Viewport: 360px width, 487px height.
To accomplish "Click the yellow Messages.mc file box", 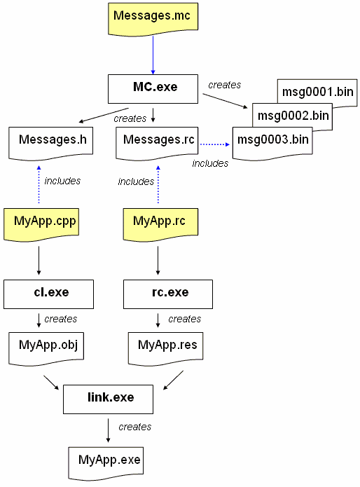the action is [x=153, y=19].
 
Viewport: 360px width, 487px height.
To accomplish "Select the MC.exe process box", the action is [x=153, y=89].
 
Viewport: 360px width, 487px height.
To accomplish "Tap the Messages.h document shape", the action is [x=50, y=144].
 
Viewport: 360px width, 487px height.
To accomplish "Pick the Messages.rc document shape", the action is [x=157, y=144].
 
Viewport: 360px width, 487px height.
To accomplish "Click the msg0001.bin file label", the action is [x=318, y=92].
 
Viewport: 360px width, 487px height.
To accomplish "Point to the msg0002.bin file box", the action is [x=292, y=116].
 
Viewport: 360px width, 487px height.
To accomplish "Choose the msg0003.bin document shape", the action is [x=272, y=144].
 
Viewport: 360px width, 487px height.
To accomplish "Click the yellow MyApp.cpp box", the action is [x=41, y=225].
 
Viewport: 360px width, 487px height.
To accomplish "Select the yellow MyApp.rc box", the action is [x=160, y=225].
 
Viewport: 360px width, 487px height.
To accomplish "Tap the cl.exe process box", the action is [x=49, y=294].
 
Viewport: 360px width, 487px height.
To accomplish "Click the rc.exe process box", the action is [x=168, y=294].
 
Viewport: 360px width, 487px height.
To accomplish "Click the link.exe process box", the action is [x=108, y=399].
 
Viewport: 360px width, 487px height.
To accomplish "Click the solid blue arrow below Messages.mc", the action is [x=153, y=55].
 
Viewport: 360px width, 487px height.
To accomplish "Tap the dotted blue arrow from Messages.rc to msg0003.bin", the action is [x=215, y=144].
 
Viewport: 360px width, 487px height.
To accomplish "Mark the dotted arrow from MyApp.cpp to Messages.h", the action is [x=39, y=184].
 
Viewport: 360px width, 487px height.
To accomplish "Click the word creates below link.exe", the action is [x=135, y=427].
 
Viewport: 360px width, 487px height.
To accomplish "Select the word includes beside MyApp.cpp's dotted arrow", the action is [x=62, y=181].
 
